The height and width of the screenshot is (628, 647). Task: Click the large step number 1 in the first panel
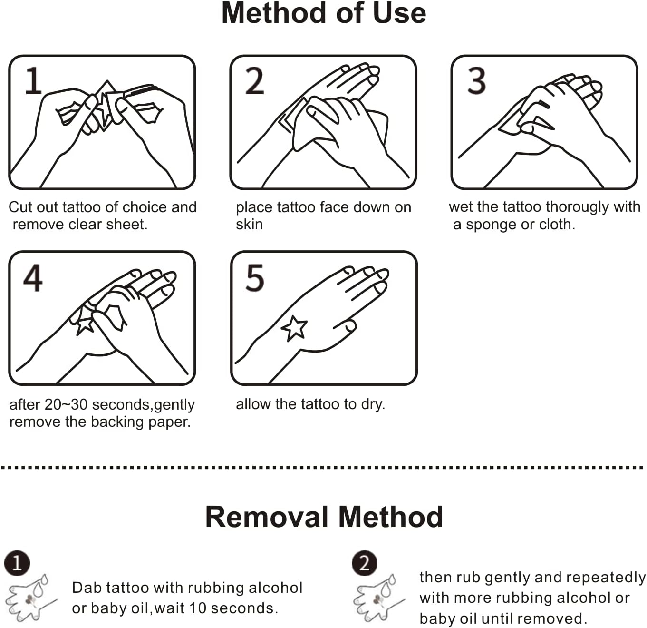pyautogui.click(x=34, y=80)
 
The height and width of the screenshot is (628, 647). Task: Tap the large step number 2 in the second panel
pyautogui.click(x=254, y=80)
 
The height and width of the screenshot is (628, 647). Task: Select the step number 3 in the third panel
pyautogui.click(x=476, y=80)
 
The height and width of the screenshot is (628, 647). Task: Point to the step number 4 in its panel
pyautogui.click(x=33, y=278)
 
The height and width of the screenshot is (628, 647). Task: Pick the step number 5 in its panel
pyautogui.click(x=255, y=278)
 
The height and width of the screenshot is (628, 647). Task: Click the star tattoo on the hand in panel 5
pyautogui.click(x=294, y=328)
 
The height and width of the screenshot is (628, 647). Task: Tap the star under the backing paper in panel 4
pyautogui.click(x=85, y=325)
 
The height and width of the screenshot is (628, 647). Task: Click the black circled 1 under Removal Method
pyautogui.click(x=17, y=563)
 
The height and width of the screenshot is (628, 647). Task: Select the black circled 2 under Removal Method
pyautogui.click(x=365, y=563)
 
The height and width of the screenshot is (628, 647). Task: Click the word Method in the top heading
pyautogui.click(x=274, y=13)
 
